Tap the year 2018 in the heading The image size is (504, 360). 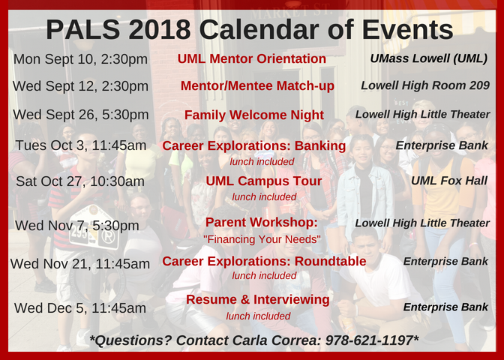tap(160, 29)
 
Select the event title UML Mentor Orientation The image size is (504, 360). tap(252, 58)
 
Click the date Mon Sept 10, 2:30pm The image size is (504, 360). tap(81, 59)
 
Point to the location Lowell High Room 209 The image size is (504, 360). tap(425, 85)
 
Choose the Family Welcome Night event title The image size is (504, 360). tap(254, 115)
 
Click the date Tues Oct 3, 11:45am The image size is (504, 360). tap(81, 145)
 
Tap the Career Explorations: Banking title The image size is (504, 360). tap(254, 146)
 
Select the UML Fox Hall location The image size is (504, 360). tap(449, 181)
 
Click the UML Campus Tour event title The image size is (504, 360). tap(263, 181)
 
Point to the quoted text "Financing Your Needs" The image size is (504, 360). tap(262, 239)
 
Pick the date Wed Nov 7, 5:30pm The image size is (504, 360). tap(77, 226)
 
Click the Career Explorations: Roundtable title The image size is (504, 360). tap(264, 261)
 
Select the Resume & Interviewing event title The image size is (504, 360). tap(257, 300)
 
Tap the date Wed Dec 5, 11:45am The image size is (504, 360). tap(80, 308)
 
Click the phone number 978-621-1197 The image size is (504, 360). tap(369, 340)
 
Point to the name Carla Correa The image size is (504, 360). tap(276, 340)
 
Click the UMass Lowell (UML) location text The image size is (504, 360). tap(429, 58)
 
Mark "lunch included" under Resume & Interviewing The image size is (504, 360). tap(258, 316)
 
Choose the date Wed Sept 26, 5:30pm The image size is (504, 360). tap(81, 115)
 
